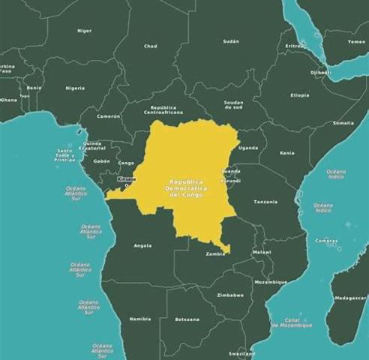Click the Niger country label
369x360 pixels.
click(x=85, y=31)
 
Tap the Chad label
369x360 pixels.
click(x=151, y=46)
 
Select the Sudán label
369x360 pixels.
click(x=231, y=41)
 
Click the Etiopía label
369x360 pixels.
click(x=300, y=95)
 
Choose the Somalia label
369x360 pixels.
click(x=343, y=122)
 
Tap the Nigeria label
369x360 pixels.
click(x=75, y=88)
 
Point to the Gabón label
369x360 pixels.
click(x=102, y=160)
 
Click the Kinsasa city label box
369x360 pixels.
click(x=127, y=178)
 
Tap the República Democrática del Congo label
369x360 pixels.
click(x=186, y=188)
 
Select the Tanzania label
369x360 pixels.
click(x=265, y=202)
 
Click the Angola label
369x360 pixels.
click(x=142, y=245)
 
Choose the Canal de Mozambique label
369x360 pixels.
click(x=298, y=322)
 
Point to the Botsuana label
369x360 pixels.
click(x=187, y=319)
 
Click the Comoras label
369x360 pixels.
click(x=326, y=241)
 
